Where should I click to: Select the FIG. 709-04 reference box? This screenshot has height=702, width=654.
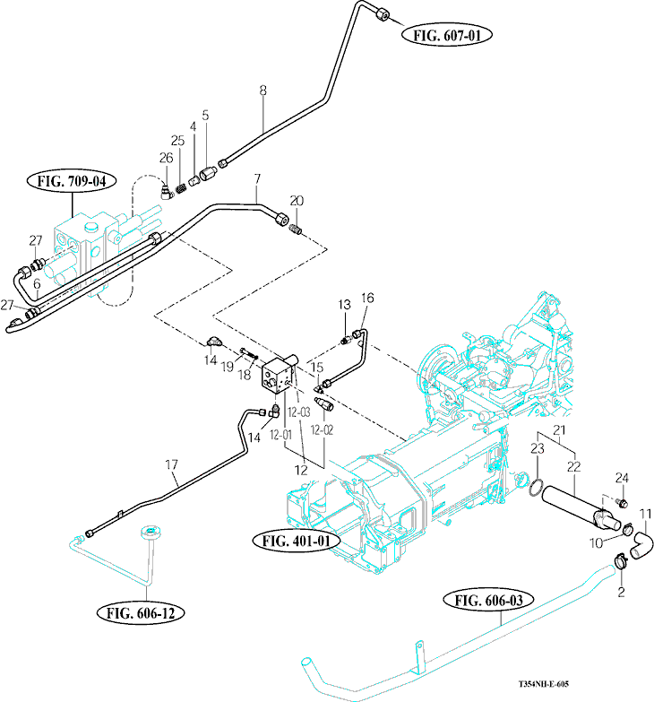72,181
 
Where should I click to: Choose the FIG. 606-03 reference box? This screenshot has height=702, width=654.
489,600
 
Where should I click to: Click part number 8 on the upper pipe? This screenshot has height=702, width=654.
262,90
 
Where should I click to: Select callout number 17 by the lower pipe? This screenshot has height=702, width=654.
170,464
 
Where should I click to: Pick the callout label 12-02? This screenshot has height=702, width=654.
324,430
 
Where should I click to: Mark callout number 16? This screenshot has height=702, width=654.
366,298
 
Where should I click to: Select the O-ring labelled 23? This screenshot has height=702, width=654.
535,488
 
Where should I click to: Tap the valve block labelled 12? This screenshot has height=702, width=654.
277,376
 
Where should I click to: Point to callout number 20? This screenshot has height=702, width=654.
297,200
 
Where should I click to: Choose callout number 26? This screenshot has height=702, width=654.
166,158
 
